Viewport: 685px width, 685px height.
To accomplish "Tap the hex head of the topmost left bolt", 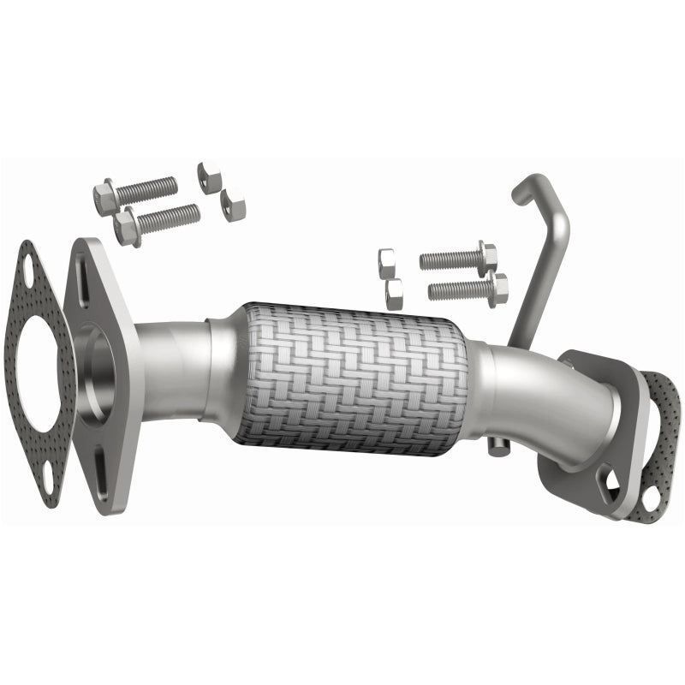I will click(105, 196).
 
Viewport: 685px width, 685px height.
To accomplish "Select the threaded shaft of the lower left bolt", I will click(168, 218).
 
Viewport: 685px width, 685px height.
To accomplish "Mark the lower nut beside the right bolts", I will click(394, 294).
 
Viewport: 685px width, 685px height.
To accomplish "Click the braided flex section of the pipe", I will click(351, 377).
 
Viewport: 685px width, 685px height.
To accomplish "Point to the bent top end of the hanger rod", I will click(525, 188).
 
